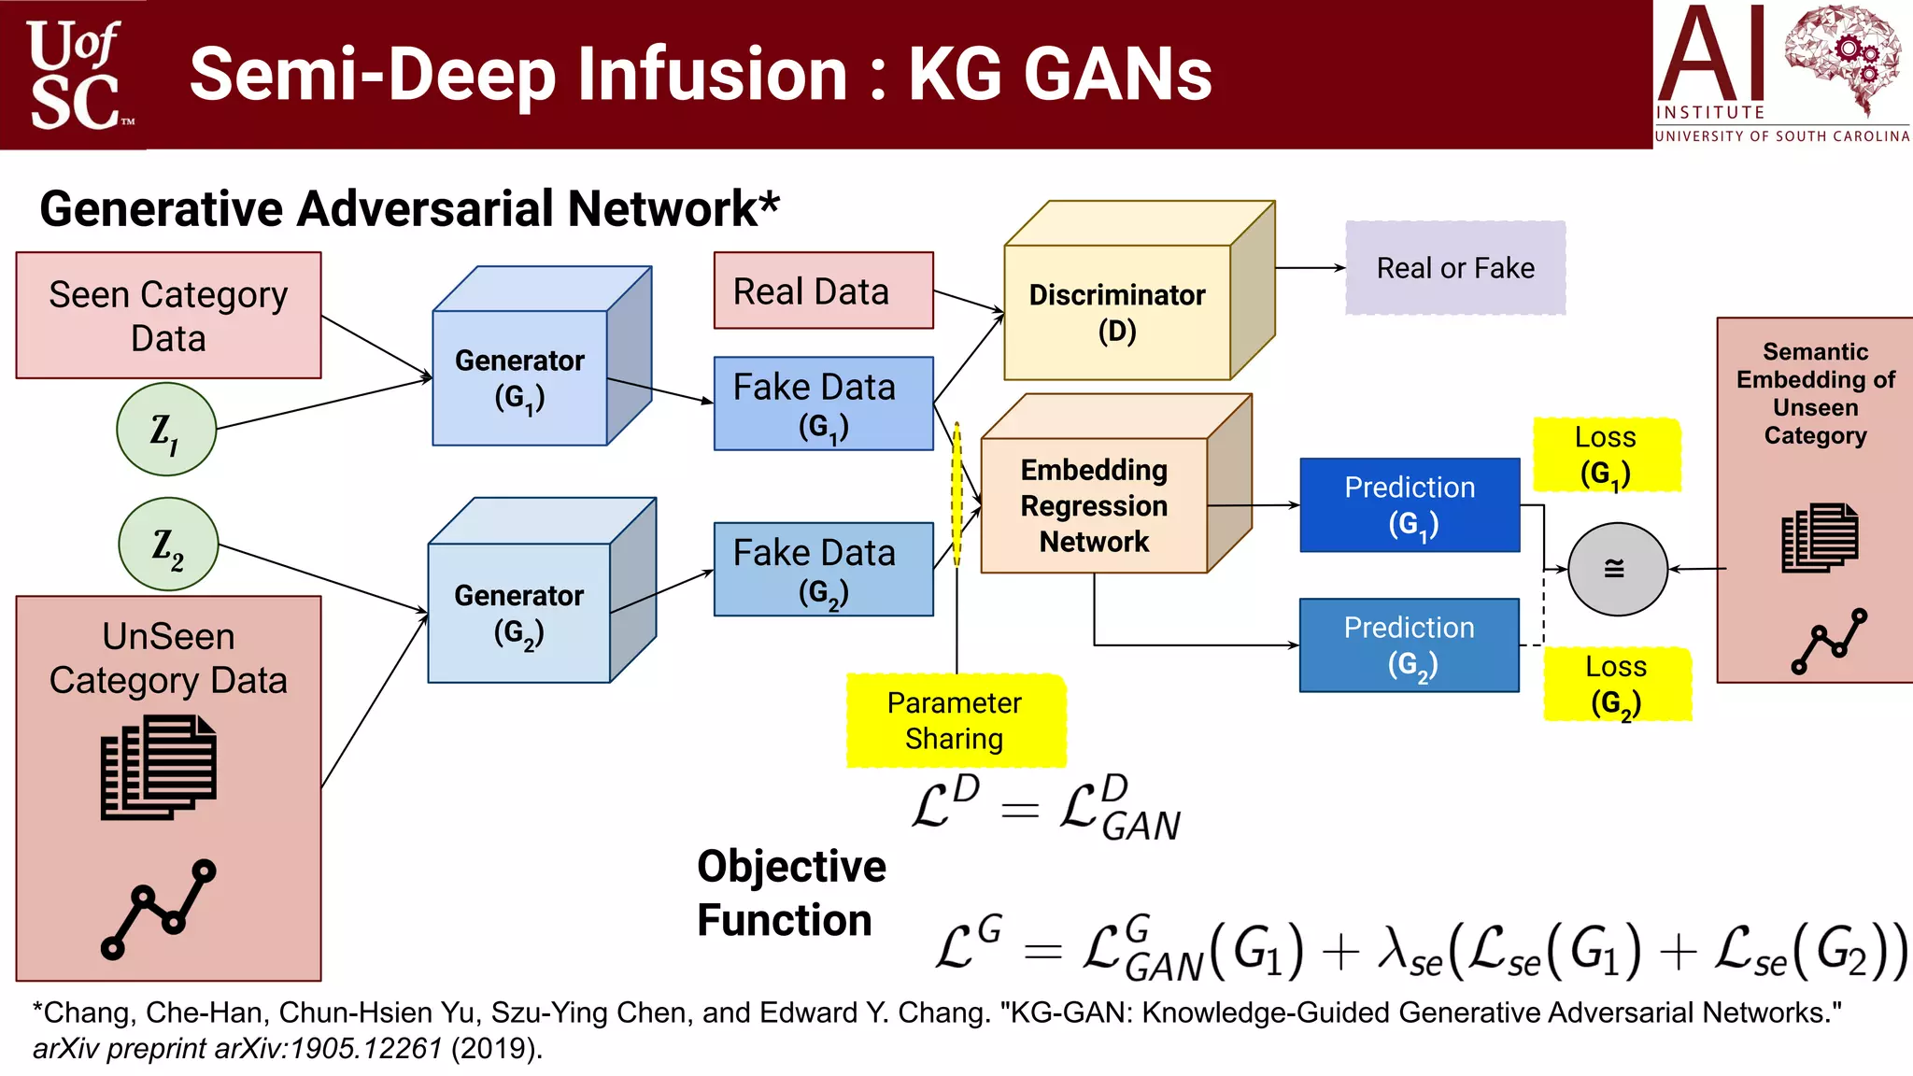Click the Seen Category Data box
(168, 316)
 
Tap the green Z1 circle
(166, 430)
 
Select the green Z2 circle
(168, 544)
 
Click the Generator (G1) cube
(520, 377)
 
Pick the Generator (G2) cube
(519, 613)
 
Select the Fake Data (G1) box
(823, 403)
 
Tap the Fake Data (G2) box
(823, 569)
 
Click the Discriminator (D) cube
(1117, 312)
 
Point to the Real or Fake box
(1454, 268)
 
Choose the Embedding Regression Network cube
(1094, 505)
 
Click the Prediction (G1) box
(1410, 504)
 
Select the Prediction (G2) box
(1409, 644)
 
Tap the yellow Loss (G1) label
(1606, 455)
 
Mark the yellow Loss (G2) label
(1617, 684)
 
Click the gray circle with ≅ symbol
(1617, 569)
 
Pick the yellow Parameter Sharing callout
(955, 720)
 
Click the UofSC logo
(75, 75)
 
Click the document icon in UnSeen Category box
(159, 768)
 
